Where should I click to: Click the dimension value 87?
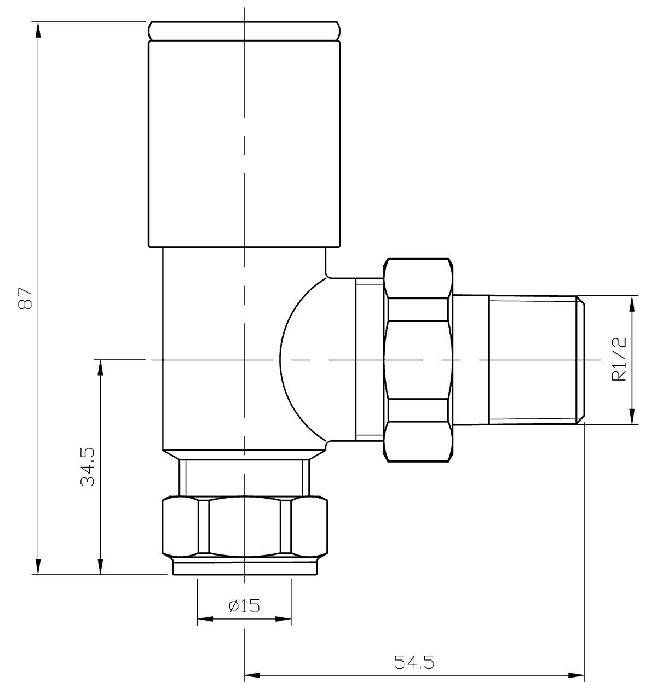26,298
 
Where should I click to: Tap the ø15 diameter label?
244,605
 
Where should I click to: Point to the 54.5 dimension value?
414,663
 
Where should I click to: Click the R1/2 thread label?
619,359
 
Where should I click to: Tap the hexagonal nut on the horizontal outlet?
419,359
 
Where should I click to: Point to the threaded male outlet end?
534,359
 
